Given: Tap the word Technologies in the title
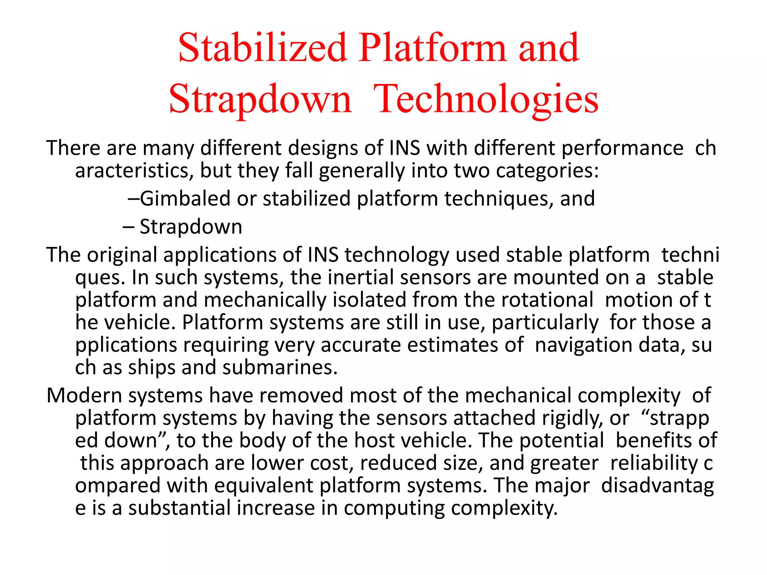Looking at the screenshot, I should pyautogui.click(x=486, y=100).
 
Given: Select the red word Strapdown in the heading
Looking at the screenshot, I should pyautogui.click(x=260, y=100).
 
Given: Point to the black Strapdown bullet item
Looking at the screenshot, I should pyautogui.click(x=191, y=227).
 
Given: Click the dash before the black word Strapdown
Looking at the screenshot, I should pyautogui.click(x=128, y=227).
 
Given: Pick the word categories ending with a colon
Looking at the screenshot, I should pyautogui.click(x=548, y=171).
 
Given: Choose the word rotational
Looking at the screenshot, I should pyautogui.click(x=547, y=300).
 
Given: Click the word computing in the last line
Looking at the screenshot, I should pyautogui.click(x=394, y=508).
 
